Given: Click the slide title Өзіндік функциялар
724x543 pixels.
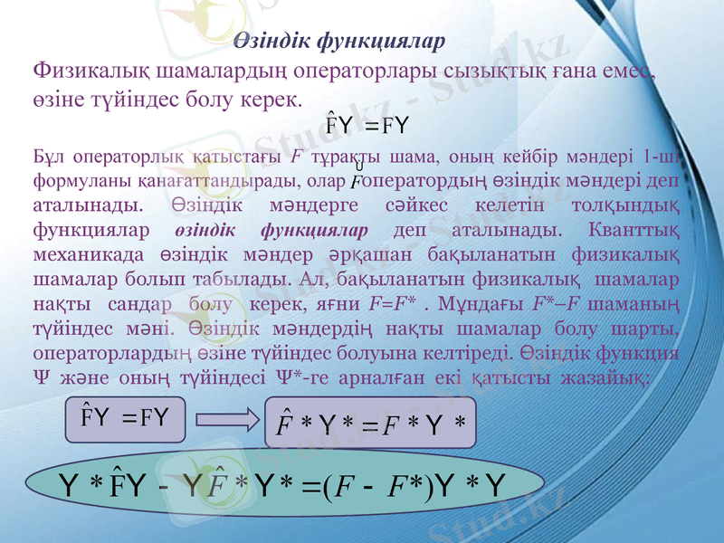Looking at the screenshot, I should [x=339, y=42].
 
